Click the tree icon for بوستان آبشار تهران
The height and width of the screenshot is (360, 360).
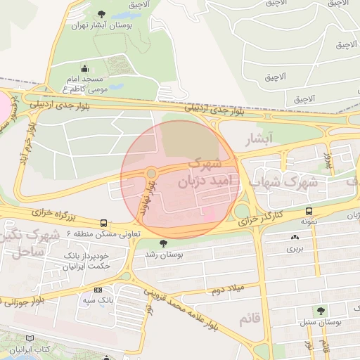[x=101, y=14]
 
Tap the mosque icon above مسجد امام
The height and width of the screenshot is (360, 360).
[x=85, y=69]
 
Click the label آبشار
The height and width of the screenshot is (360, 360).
[x=257, y=140]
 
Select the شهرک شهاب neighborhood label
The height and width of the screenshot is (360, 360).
[x=285, y=182]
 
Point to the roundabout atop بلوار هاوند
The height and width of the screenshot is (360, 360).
[x=151, y=173]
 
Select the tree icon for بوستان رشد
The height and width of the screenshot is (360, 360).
[x=164, y=243]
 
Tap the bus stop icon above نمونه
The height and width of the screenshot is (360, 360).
[x=309, y=211]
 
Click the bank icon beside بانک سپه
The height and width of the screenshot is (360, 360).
[x=98, y=290]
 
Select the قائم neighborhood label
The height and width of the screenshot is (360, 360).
[x=253, y=319]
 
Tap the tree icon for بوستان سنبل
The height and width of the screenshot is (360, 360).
[x=321, y=310]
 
